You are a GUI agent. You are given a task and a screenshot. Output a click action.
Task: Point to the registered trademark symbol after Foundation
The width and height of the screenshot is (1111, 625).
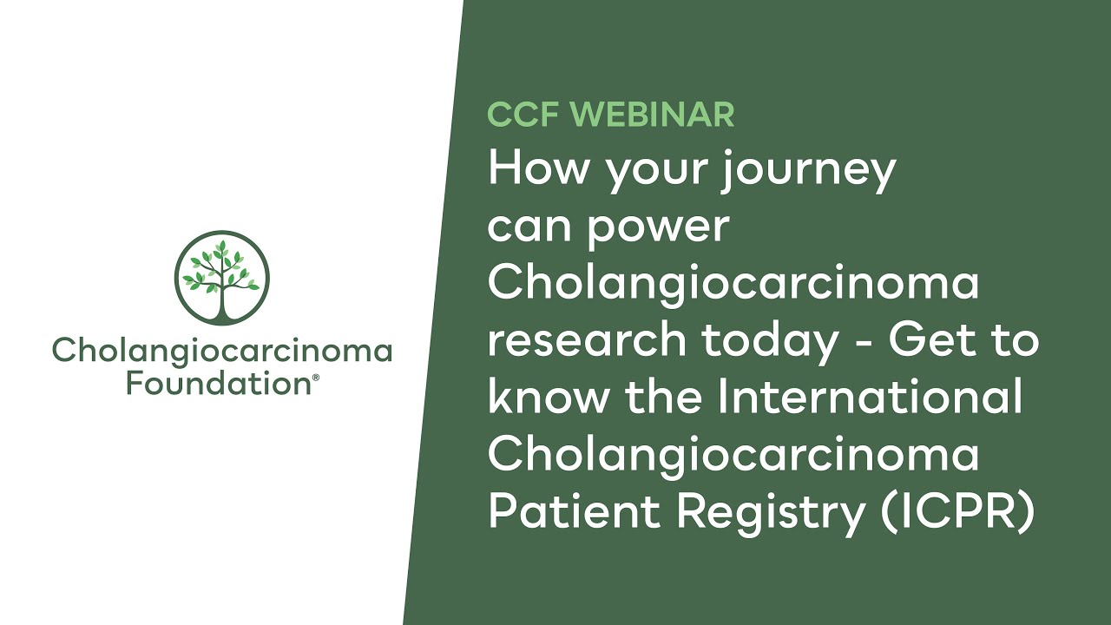315,378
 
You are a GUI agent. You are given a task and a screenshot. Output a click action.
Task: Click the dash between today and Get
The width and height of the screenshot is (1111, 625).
863,342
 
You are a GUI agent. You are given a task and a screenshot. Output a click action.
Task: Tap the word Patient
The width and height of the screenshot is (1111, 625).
575,510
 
